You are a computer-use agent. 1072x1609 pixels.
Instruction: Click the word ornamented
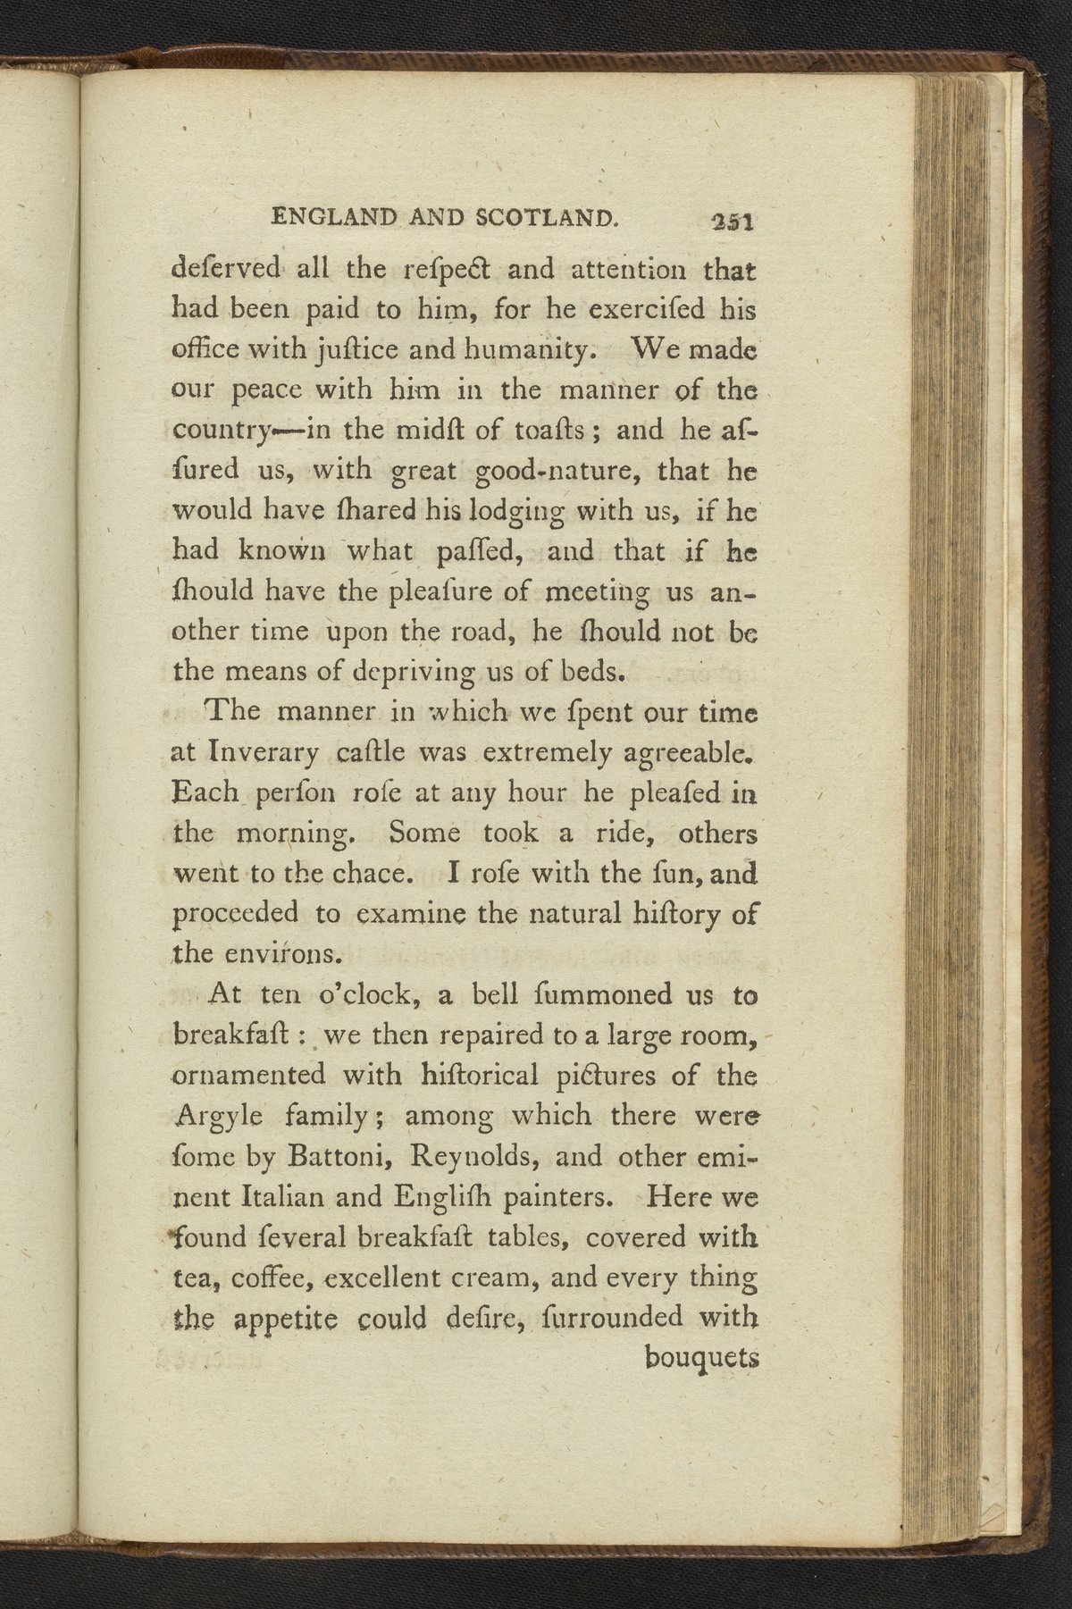pos(245,1075)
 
